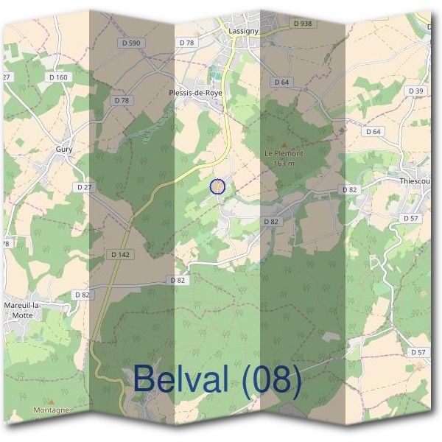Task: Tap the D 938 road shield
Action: point(302,24)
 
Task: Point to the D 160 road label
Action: point(58,77)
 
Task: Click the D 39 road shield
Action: point(415,91)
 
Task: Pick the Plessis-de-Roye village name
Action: point(196,93)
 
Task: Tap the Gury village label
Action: point(64,149)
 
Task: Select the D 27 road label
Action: point(84,188)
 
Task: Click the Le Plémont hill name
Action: point(284,153)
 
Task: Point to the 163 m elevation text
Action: point(284,163)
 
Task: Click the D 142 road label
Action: point(119,254)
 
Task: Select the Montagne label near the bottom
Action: point(51,410)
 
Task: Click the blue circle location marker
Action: point(217,186)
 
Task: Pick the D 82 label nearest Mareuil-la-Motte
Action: point(82,295)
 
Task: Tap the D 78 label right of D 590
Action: point(186,43)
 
